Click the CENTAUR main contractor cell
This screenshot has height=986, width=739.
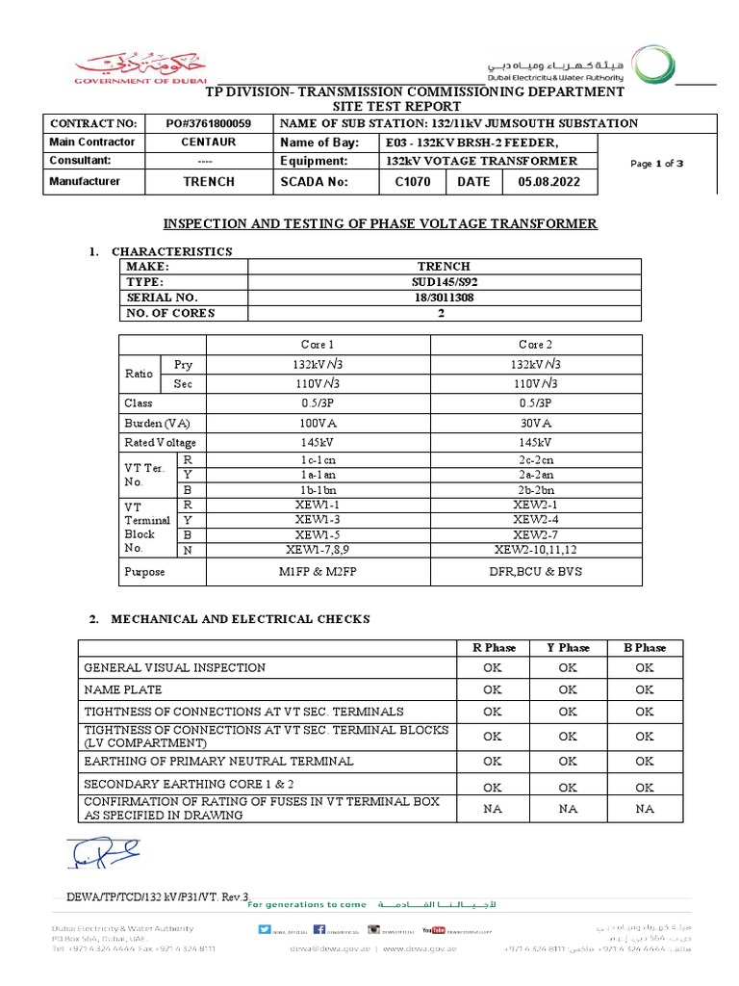pos(208,143)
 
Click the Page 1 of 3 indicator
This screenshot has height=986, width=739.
pos(656,164)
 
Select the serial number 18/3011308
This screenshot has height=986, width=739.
pos(444,298)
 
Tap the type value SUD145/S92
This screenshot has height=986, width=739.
pos(444,281)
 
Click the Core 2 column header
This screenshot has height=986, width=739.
pos(535,344)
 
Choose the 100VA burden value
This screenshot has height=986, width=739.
pos(318,423)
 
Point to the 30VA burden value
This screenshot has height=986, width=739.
pos(535,423)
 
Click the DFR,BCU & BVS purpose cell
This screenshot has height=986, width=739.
pos(535,571)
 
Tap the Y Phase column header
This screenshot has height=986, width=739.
pos(568,647)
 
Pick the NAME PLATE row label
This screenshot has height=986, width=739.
pos(123,689)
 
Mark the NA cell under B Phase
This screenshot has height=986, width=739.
pos(644,809)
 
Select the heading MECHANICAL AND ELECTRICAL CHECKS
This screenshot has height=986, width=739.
pos(240,618)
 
